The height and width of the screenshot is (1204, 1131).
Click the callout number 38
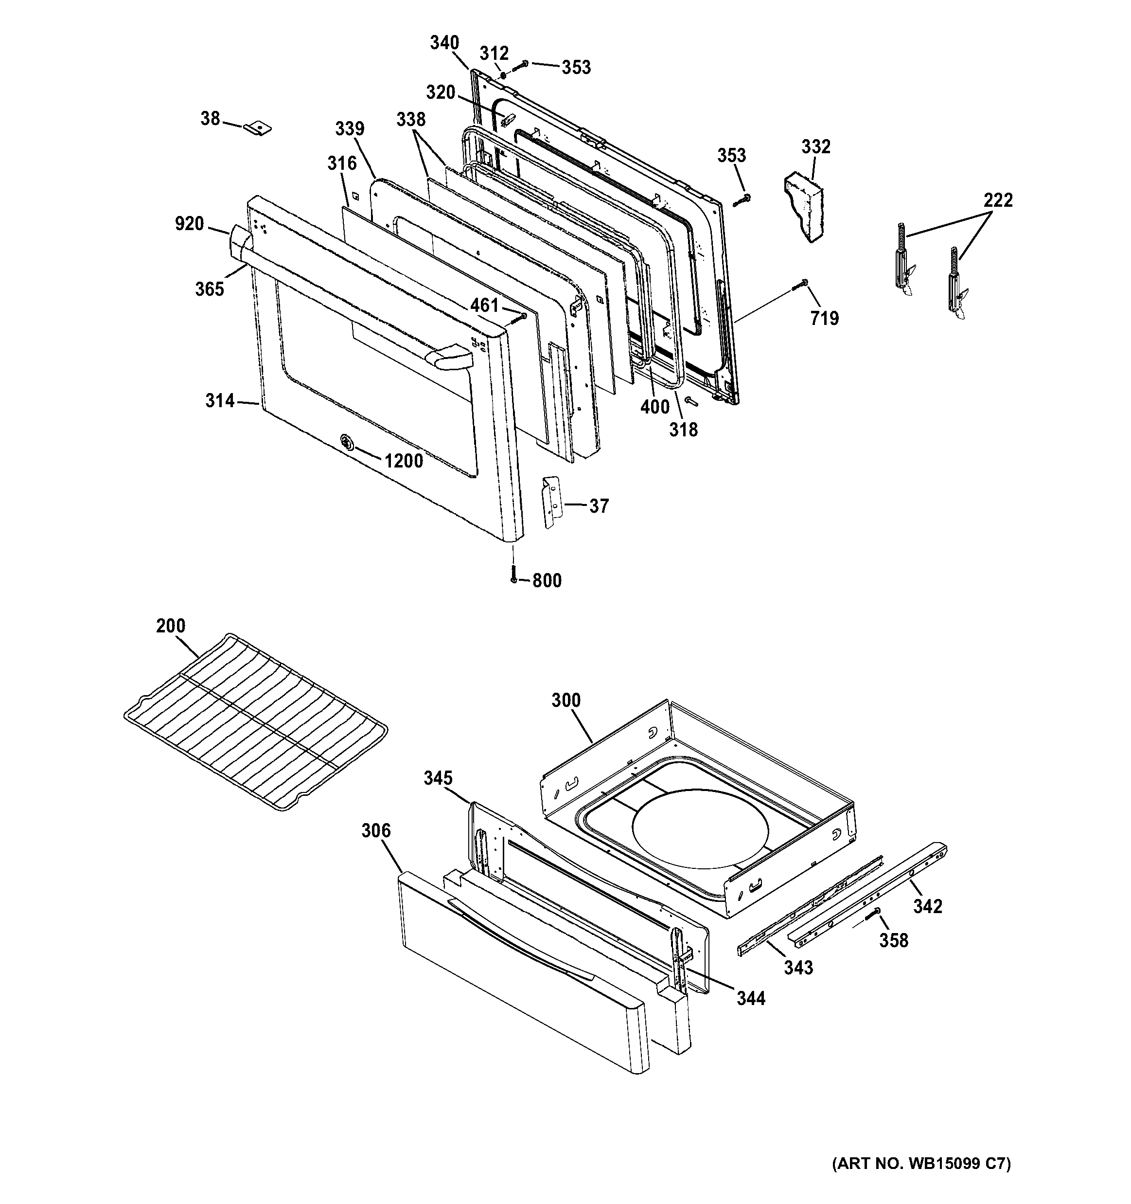click(210, 118)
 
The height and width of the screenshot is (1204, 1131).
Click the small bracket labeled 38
click(258, 128)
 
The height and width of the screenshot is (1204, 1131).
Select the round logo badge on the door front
click(346, 442)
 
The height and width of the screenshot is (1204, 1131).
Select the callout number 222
click(998, 200)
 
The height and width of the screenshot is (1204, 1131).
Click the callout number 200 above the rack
click(171, 626)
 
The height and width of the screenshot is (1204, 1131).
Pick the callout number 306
click(376, 831)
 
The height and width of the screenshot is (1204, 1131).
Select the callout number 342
click(928, 907)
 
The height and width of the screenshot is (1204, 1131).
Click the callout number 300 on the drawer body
click(565, 700)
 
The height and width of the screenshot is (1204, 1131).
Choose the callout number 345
click(438, 778)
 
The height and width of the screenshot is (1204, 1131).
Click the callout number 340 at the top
click(444, 43)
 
